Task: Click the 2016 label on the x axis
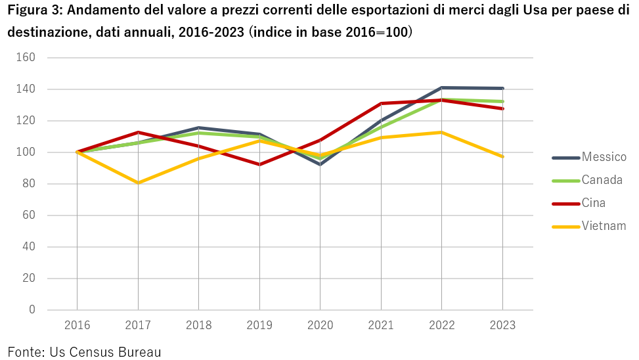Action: pyautogui.click(x=77, y=325)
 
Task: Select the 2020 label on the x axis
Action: pyautogui.click(x=320, y=325)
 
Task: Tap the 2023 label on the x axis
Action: pyautogui.click(x=502, y=325)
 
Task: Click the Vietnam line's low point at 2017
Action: pyautogui.click(x=138, y=183)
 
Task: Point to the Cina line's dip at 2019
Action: pyautogui.click(x=259, y=164)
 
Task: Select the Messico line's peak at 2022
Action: pyautogui.click(x=441, y=87)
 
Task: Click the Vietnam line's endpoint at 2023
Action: pyautogui.click(x=502, y=157)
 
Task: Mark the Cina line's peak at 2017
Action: pyautogui.click(x=138, y=132)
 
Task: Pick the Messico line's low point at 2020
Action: pyautogui.click(x=320, y=164)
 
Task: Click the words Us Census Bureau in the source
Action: pyautogui.click(x=105, y=352)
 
